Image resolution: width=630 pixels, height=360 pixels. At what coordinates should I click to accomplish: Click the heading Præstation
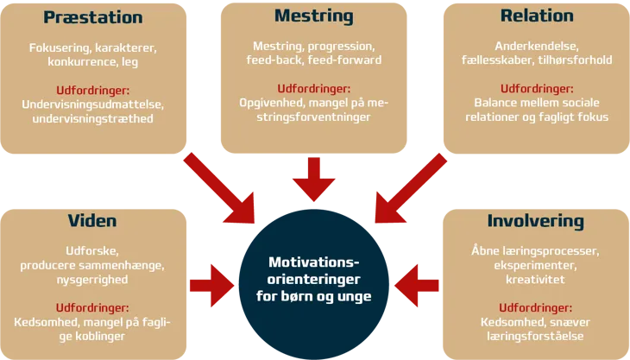(x=92, y=17)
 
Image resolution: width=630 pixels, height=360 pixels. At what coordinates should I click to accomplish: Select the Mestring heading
(x=313, y=16)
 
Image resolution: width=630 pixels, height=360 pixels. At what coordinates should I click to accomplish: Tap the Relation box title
(x=536, y=16)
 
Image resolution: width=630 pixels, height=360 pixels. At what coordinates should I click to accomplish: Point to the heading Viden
(x=92, y=222)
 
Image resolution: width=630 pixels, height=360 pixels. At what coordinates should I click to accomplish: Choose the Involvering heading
(x=535, y=221)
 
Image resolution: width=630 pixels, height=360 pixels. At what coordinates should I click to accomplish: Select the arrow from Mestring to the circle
(x=313, y=180)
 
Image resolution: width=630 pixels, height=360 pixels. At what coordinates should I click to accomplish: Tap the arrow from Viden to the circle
(x=211, y=280)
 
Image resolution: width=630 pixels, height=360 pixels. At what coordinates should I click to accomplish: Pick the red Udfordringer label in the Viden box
(x=92, y=307)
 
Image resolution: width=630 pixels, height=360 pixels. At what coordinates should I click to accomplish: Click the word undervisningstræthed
(x=92, y=117)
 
